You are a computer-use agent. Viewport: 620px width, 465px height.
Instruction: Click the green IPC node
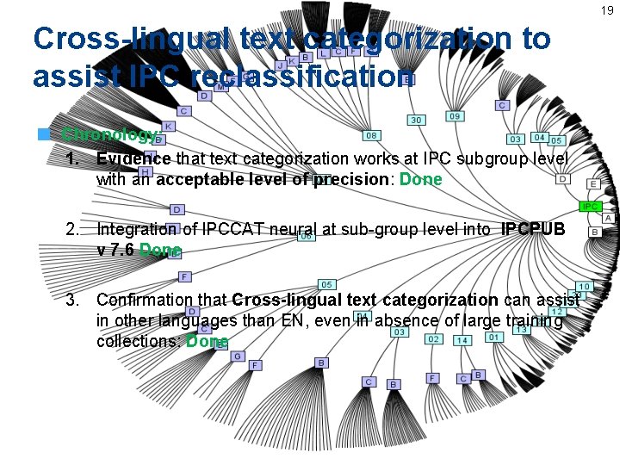tap(590, 207)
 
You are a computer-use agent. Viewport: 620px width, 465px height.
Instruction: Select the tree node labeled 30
tap(416, 120)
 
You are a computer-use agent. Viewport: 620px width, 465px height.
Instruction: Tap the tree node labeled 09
tap(455, 115)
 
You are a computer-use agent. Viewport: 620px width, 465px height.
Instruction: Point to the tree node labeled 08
tap(372, 135)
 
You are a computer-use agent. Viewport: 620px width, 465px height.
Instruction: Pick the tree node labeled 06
tap(306, 237)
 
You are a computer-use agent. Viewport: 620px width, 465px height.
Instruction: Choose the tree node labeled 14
tap(462, 340)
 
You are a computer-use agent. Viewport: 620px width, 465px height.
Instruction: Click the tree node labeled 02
tap(434, 339)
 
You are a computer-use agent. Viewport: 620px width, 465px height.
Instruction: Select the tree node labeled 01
tap(493, 338)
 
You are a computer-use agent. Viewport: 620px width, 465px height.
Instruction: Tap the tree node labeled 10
tap(584, 286)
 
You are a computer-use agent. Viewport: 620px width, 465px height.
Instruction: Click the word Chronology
tap(110, 135)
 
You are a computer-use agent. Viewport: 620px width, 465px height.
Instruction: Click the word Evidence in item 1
tap(133, 158)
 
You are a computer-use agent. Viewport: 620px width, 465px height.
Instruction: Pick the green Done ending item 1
tap(421, 179)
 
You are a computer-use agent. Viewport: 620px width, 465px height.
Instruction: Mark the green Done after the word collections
tap(207, 341)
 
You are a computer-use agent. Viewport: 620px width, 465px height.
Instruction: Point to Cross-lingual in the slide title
tap(130, 39)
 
